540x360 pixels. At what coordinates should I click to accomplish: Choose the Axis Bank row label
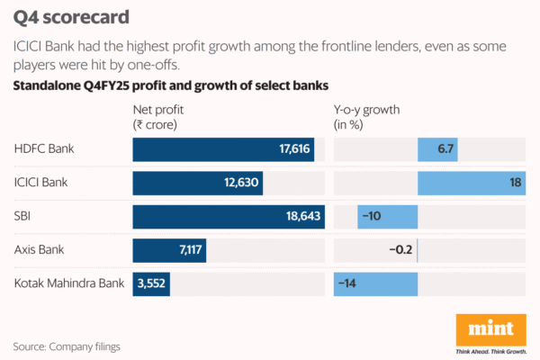coord(41,250)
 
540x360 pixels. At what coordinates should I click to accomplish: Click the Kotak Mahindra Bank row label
coord(69,283)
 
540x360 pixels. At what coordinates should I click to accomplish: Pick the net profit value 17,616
coord(294,149)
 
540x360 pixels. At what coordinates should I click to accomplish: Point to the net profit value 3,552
coord(152,283)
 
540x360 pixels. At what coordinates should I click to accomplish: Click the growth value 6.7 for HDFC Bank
coord(445,149)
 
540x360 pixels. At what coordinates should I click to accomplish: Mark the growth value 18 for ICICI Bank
coord(516,183)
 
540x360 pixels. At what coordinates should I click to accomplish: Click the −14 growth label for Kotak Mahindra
coord(349,283)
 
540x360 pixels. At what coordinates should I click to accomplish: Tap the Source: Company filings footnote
coord(67,346)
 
